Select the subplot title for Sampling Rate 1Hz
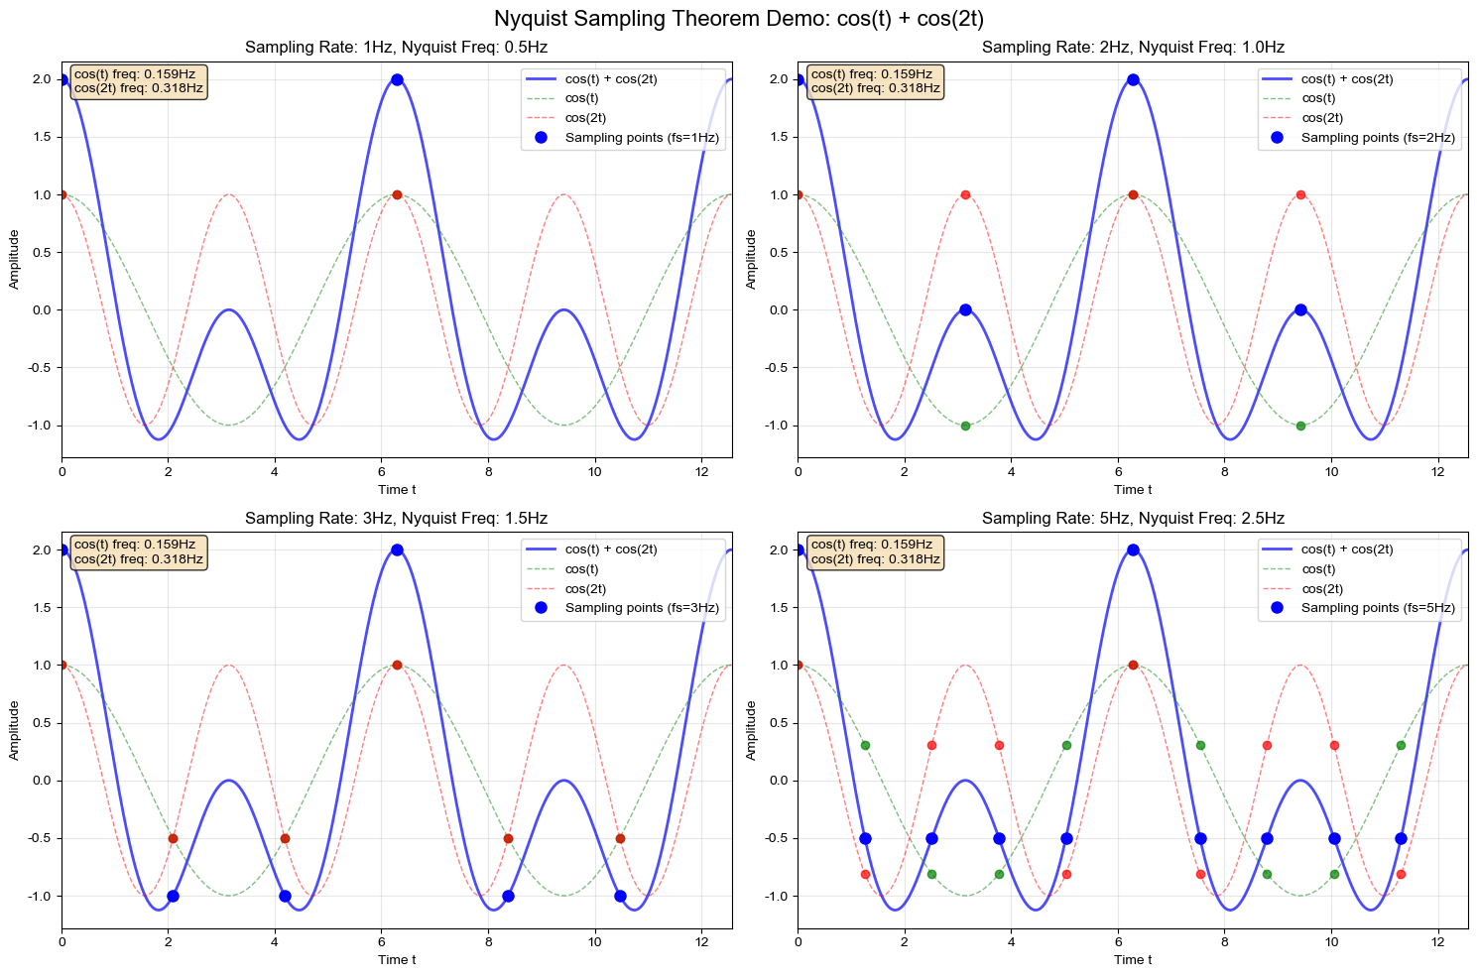397,48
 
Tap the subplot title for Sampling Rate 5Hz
1133,518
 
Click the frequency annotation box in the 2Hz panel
875,80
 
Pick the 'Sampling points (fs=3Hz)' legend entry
641,608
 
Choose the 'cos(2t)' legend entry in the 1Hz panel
585,118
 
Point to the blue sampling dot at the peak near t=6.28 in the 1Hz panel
397,79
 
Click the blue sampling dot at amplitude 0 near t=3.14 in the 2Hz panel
965,309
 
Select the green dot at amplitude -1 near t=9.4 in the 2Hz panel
1300,426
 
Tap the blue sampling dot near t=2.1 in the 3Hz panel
173,896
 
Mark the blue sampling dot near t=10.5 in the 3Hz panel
620,896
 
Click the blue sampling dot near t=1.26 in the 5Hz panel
865,838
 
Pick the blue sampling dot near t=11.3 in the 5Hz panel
1401,838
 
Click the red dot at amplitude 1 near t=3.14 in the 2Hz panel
965,194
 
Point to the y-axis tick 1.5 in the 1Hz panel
42,137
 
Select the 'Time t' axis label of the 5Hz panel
1133,959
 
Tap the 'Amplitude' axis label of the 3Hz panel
15,730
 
